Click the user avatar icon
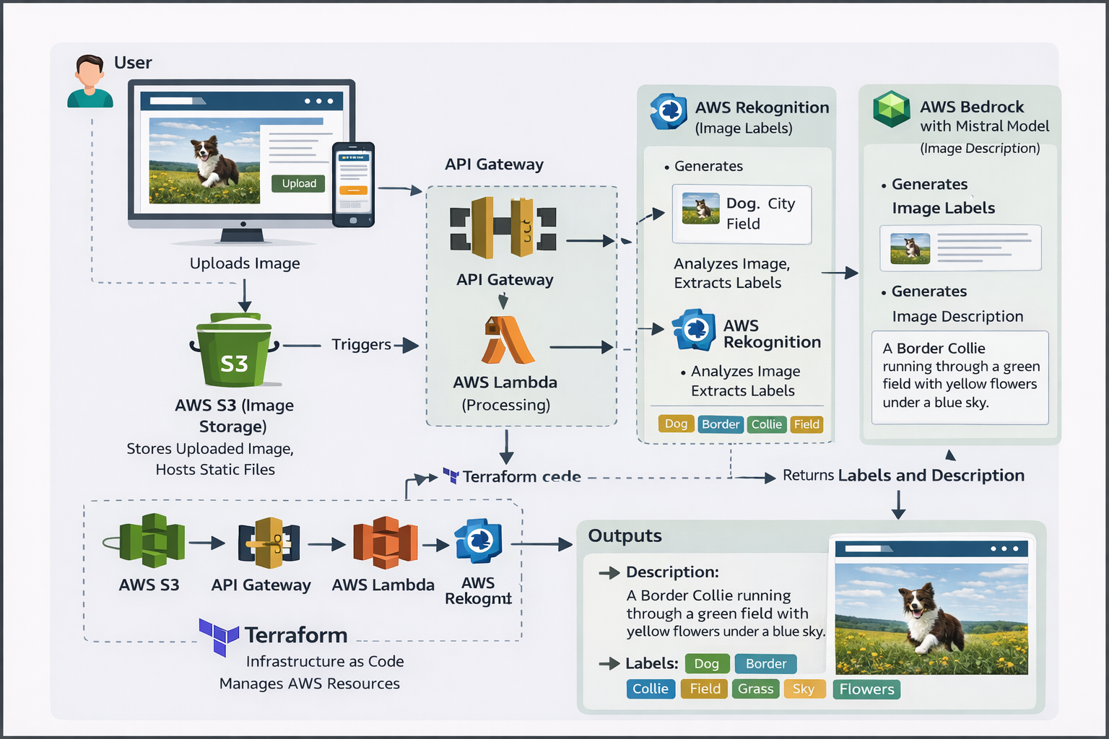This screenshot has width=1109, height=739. [x=90, y=82]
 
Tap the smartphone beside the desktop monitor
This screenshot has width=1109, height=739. [x=353, y=184]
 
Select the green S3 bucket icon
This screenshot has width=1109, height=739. [x=234, y=351]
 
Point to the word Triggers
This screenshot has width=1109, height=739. [x=361, y=344]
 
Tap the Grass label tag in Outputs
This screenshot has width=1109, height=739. [x=755, y=689]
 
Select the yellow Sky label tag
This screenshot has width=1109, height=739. [x=804, y=689]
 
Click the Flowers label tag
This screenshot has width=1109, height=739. [x=866, y=689]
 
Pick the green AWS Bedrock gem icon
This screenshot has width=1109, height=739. [x=892, y=110]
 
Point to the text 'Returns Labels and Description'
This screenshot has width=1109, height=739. [x=903, y=476]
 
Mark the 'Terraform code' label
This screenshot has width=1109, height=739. [x=521, y=477]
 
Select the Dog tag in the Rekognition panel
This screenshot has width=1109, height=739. [x=676, y=424]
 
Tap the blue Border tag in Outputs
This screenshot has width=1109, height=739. [x=766, y=664]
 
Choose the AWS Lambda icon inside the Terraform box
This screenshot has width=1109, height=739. [x=385, y=543]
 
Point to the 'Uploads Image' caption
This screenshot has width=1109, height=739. [x=245, y=263]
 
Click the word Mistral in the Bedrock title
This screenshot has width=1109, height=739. [x=984, y=126]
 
